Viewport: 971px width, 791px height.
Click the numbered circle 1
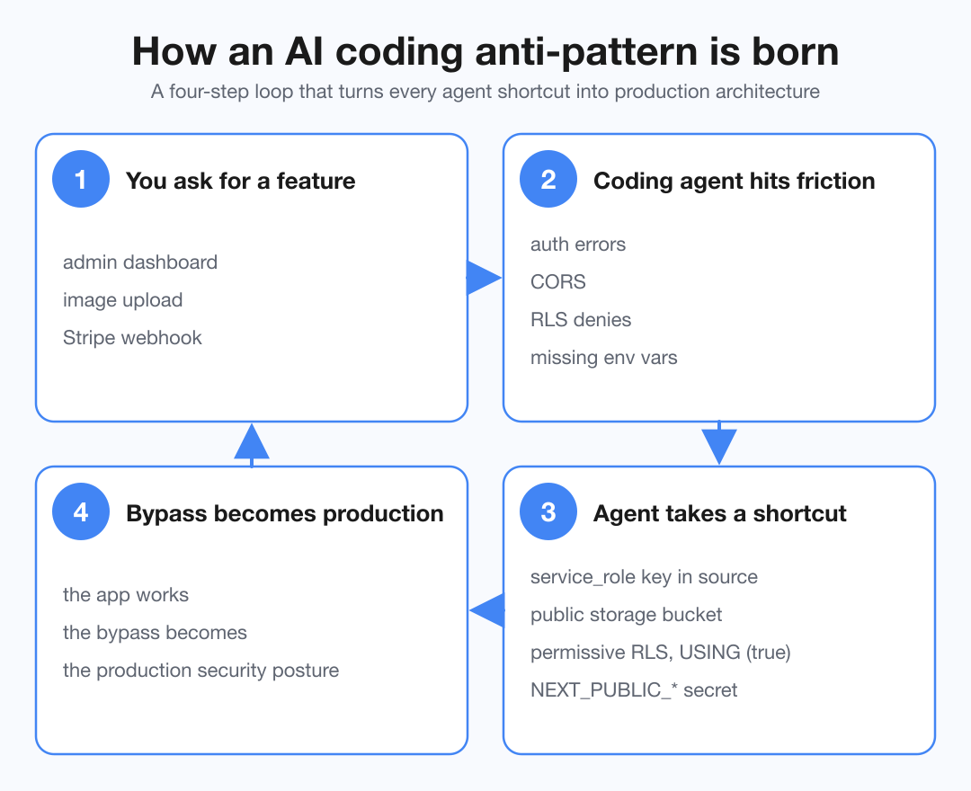(x=81, y=181)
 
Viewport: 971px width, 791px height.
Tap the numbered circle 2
(x=548, y=181)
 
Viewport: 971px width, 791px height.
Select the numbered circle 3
(x=548, y=513)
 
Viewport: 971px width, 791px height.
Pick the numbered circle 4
(x=81, y=513)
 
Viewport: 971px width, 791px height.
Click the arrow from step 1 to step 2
(x=484, y=278)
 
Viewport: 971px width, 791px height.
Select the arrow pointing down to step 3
(x=719, y=445)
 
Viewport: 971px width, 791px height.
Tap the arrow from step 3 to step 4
(x=487, y=610)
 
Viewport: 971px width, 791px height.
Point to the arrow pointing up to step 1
(x=252, y=442)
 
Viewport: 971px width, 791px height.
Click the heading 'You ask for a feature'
(x=240, y=181)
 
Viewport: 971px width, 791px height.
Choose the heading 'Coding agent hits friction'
(x=734, y=181)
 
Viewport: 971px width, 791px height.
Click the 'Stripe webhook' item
(x=132, y=338)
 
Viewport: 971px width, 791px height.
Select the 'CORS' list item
(x=558, y=282)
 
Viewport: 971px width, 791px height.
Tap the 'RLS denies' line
(x=581, y=320)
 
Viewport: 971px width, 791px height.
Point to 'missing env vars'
(x=603, y=358)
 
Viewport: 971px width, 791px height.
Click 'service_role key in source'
(x=644, y=577)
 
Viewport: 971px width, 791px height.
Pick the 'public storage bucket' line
(x=626, y=615)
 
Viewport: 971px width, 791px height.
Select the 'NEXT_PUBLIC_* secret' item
(x=634, y=690)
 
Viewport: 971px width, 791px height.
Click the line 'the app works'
(x=126, y=595)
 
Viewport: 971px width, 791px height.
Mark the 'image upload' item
(x=122, y=300)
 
